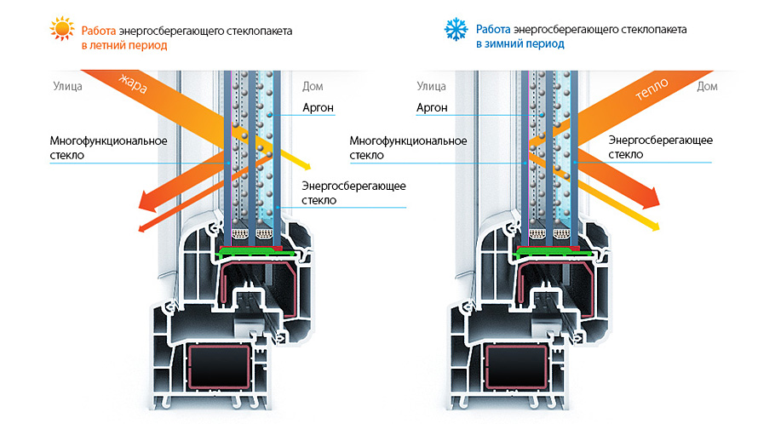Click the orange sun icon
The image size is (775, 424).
tap(62, 29)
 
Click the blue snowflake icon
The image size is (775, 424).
tap(456, 29)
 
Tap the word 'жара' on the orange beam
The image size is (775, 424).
tap(133, 84)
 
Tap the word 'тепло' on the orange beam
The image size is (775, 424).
tap(652, 89)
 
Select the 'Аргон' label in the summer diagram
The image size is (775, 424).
tap(319, 108)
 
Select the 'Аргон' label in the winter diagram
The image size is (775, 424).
tap(432, 108)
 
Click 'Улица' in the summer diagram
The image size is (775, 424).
tap(68, 87)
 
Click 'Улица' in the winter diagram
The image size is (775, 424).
tap(432, 87)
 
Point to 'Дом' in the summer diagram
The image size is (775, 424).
tap(313, 87)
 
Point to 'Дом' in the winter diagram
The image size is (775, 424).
tap(707, 87)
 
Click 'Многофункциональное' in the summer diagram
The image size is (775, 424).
tap(109, 140)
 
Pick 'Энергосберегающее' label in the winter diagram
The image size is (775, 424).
tap(660, 140)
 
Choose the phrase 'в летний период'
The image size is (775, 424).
tap(124, 45)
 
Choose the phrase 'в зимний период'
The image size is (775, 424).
tap(520, 44)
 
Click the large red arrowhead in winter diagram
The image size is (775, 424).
tap(650, 198)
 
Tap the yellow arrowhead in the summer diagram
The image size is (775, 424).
tap(306, 166)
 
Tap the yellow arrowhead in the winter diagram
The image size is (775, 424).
tap(654, 226)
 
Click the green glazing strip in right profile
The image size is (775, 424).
tap(553, 253)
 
